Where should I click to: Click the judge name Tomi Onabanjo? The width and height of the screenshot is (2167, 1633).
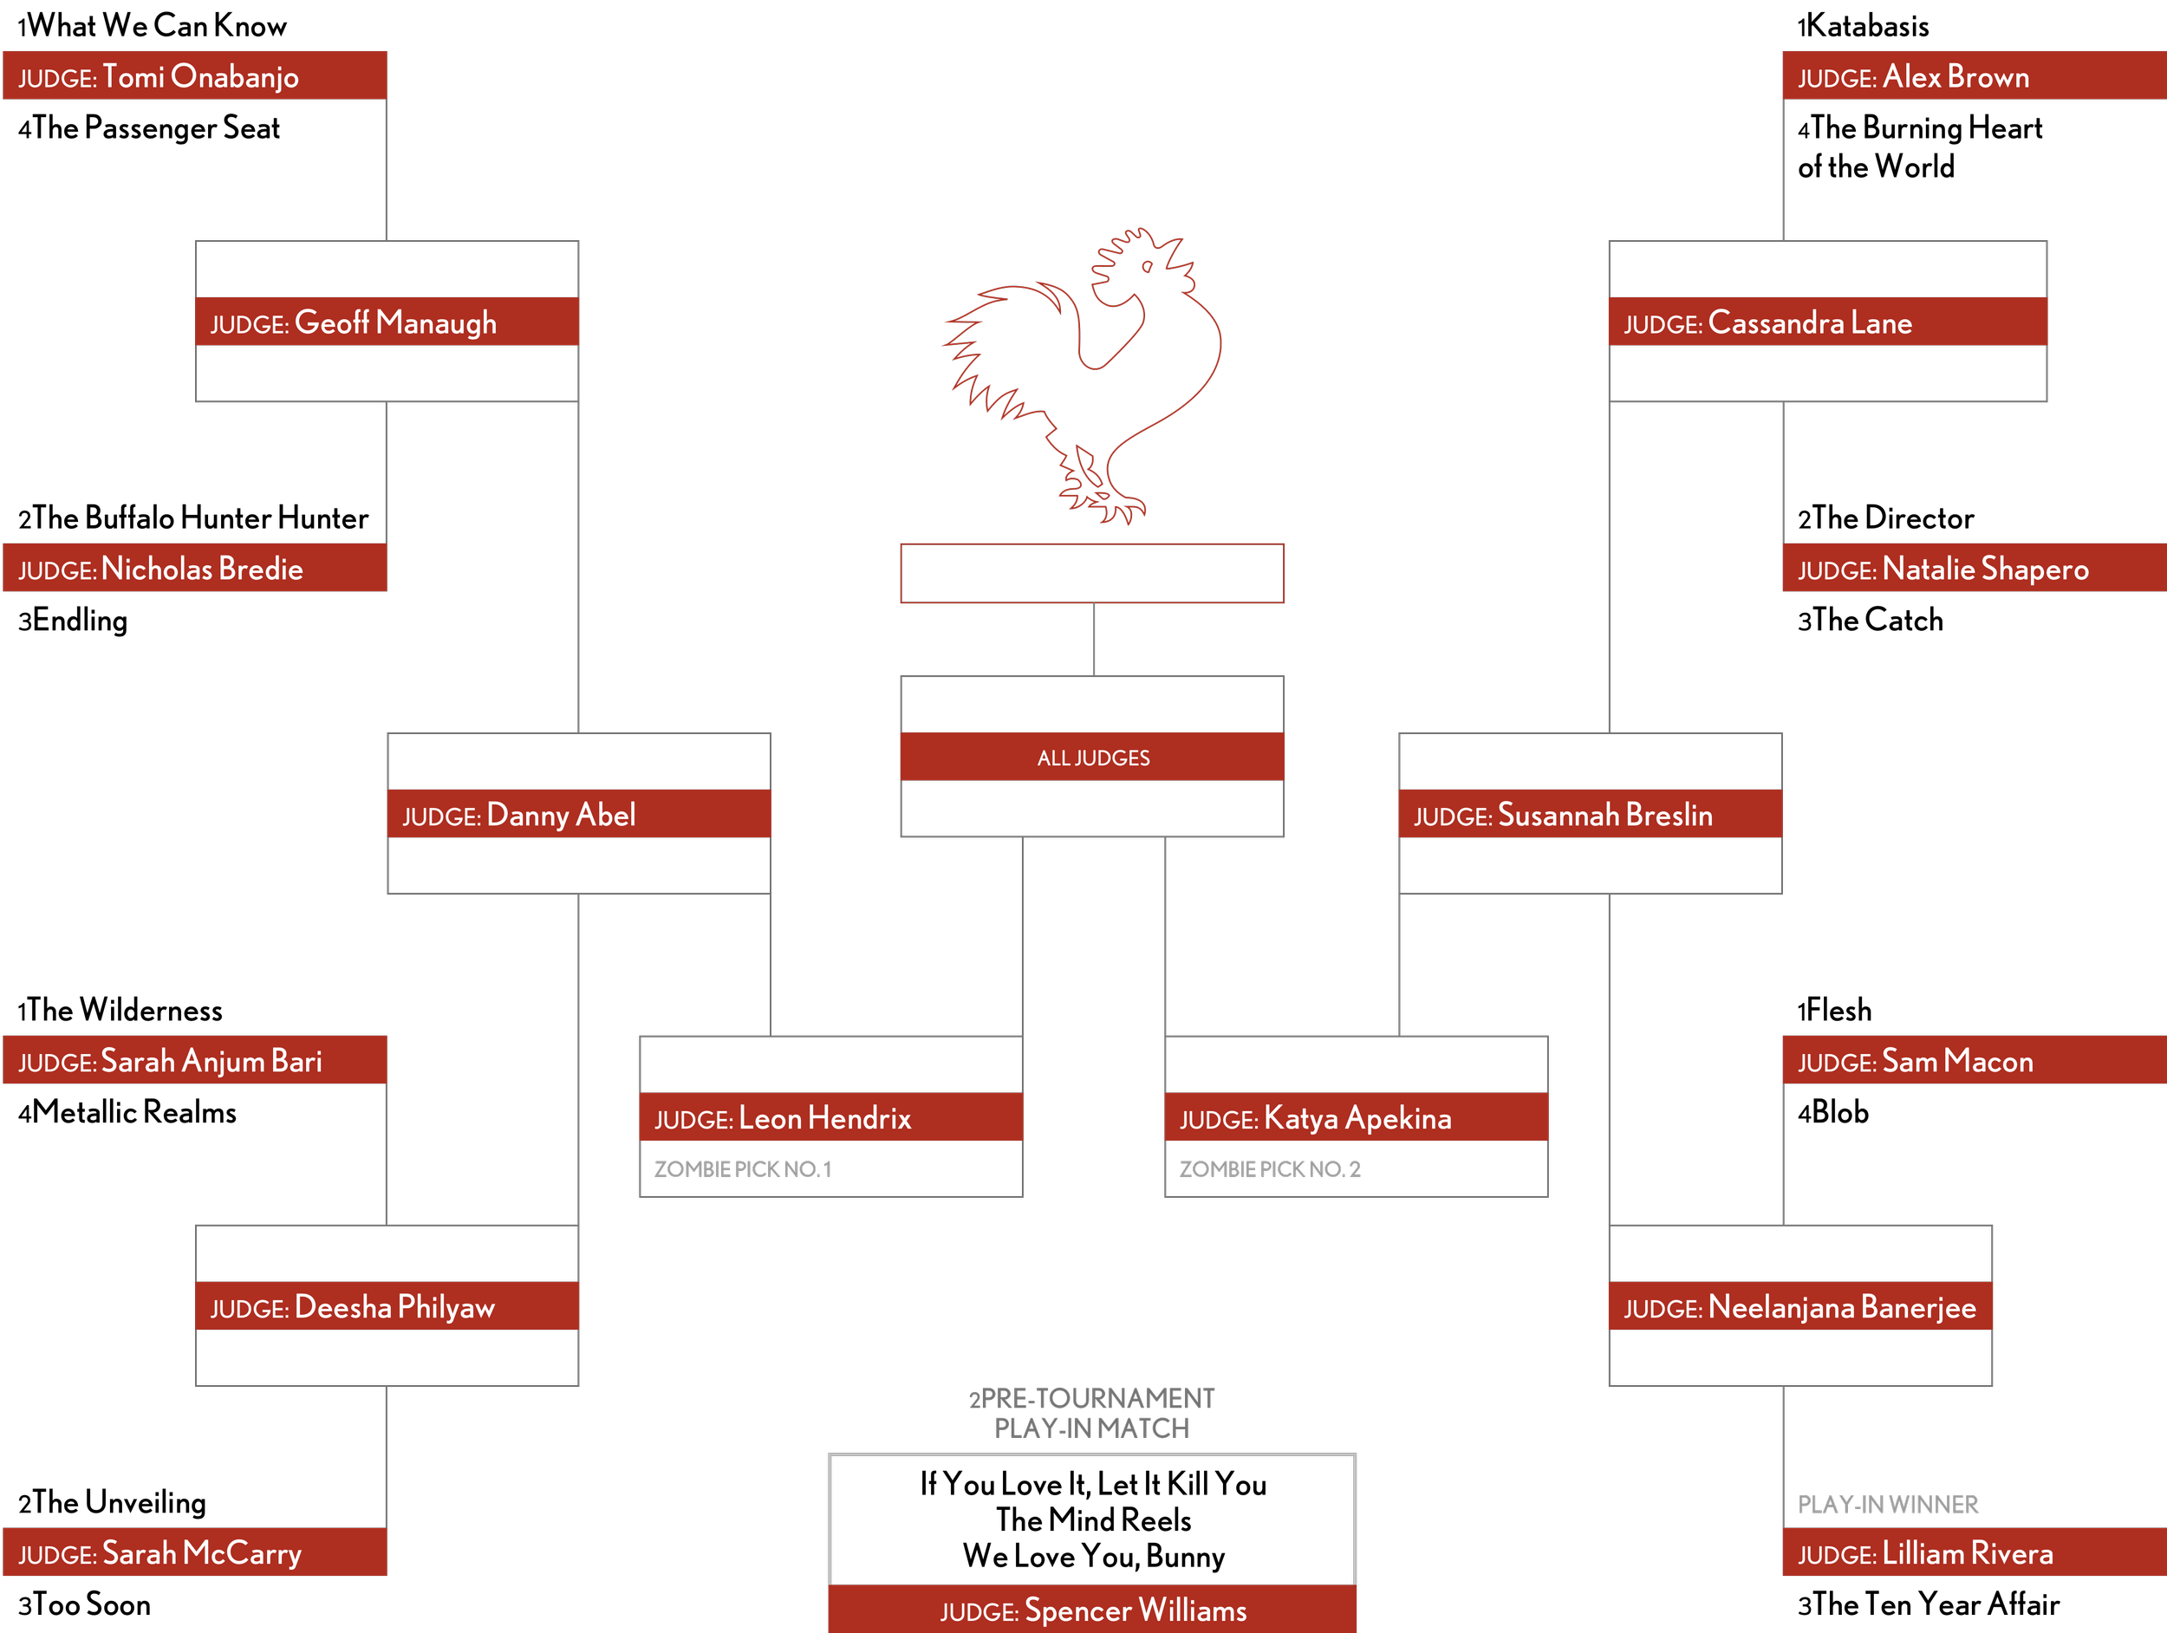pos(200,76)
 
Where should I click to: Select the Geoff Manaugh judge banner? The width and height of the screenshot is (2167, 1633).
pos(386,322)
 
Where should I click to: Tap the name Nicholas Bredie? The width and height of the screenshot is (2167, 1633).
pos(202,569)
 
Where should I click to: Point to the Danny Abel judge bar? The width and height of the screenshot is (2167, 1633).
pos(578,814)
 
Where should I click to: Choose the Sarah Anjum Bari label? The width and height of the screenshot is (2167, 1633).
pos(211,1061)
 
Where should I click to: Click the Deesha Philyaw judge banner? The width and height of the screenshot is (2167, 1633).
pos(386,1307)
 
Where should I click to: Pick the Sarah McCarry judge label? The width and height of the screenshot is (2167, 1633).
pos(202,1552)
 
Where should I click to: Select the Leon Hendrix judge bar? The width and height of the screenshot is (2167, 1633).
pos(830,1118)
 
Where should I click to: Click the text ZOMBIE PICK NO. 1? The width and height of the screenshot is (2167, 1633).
pos(743,1168)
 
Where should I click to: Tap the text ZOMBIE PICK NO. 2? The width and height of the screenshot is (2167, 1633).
pos(1270,1168)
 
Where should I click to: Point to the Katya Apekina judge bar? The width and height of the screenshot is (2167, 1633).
pos(1355,1118)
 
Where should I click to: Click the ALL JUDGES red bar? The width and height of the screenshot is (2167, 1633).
pos(1092,758)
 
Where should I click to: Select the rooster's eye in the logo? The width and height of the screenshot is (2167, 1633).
pos(1147,266)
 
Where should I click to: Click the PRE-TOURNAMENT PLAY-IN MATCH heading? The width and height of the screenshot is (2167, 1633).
pos(1091,1413)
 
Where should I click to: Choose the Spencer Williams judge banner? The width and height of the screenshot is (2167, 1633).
pos(1092,1610)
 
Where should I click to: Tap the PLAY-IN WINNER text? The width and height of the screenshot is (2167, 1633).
pos(1887,1504)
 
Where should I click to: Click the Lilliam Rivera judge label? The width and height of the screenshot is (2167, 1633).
pos(1966,1552)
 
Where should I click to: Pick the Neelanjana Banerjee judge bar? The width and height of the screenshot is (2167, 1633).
pos(1799,1307)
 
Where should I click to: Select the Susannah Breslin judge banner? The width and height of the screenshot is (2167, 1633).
pos(1589,814)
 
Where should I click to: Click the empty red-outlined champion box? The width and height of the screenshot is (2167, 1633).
pos(1092,573)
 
